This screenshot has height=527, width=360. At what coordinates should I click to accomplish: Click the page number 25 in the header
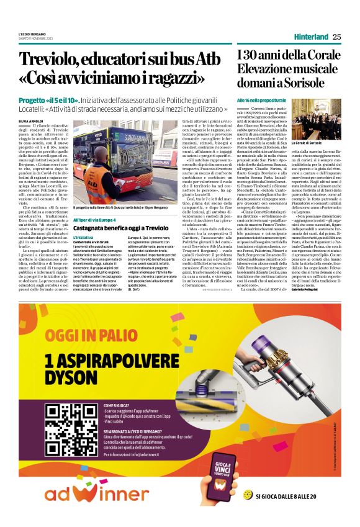(x=336, y=37)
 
